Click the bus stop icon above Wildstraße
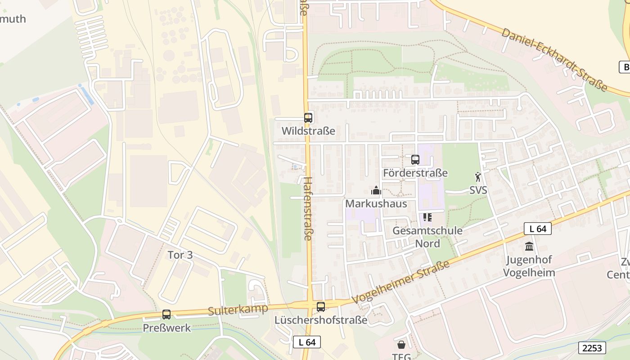[x=308, y=118]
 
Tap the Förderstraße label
[x=415, y=173]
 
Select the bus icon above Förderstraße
[x=415, y=160]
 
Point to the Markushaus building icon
[x=376, y=191]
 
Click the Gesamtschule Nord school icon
[x=427, y=218]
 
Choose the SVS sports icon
[x=478, y=177]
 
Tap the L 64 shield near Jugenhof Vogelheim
[x=537, y=229]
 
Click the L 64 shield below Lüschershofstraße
[x=307, y=342]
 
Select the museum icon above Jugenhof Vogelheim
[x=529, y=246]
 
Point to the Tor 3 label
[x=180, y=255]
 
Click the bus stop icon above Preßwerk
[x=166, y=315]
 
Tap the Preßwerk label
[x=166, y=328]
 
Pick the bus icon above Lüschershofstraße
[x=321, y=307]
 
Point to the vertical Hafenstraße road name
[x=308, y=208]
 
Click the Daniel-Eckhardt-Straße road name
[x=554, y=59]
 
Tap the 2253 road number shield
[x=592, y=347]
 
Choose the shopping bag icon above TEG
[x=401, y=345]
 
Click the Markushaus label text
[x=376, y=203]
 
